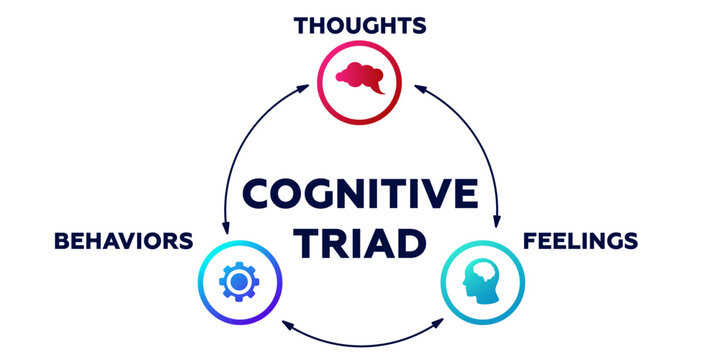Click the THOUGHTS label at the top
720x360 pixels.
359,24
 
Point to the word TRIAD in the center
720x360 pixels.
359,241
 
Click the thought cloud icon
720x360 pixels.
359,75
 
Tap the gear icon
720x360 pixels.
238,284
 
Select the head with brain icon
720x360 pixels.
481,284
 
